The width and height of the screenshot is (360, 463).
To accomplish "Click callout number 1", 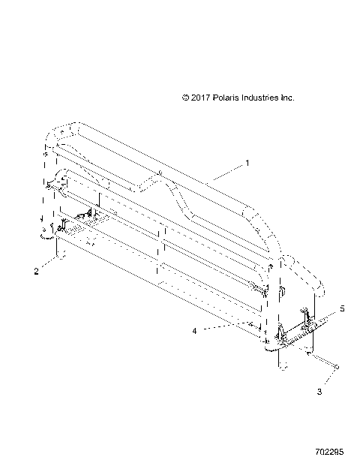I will tap(247, 162).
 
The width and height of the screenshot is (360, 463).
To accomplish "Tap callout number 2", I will tap(36, 272).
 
